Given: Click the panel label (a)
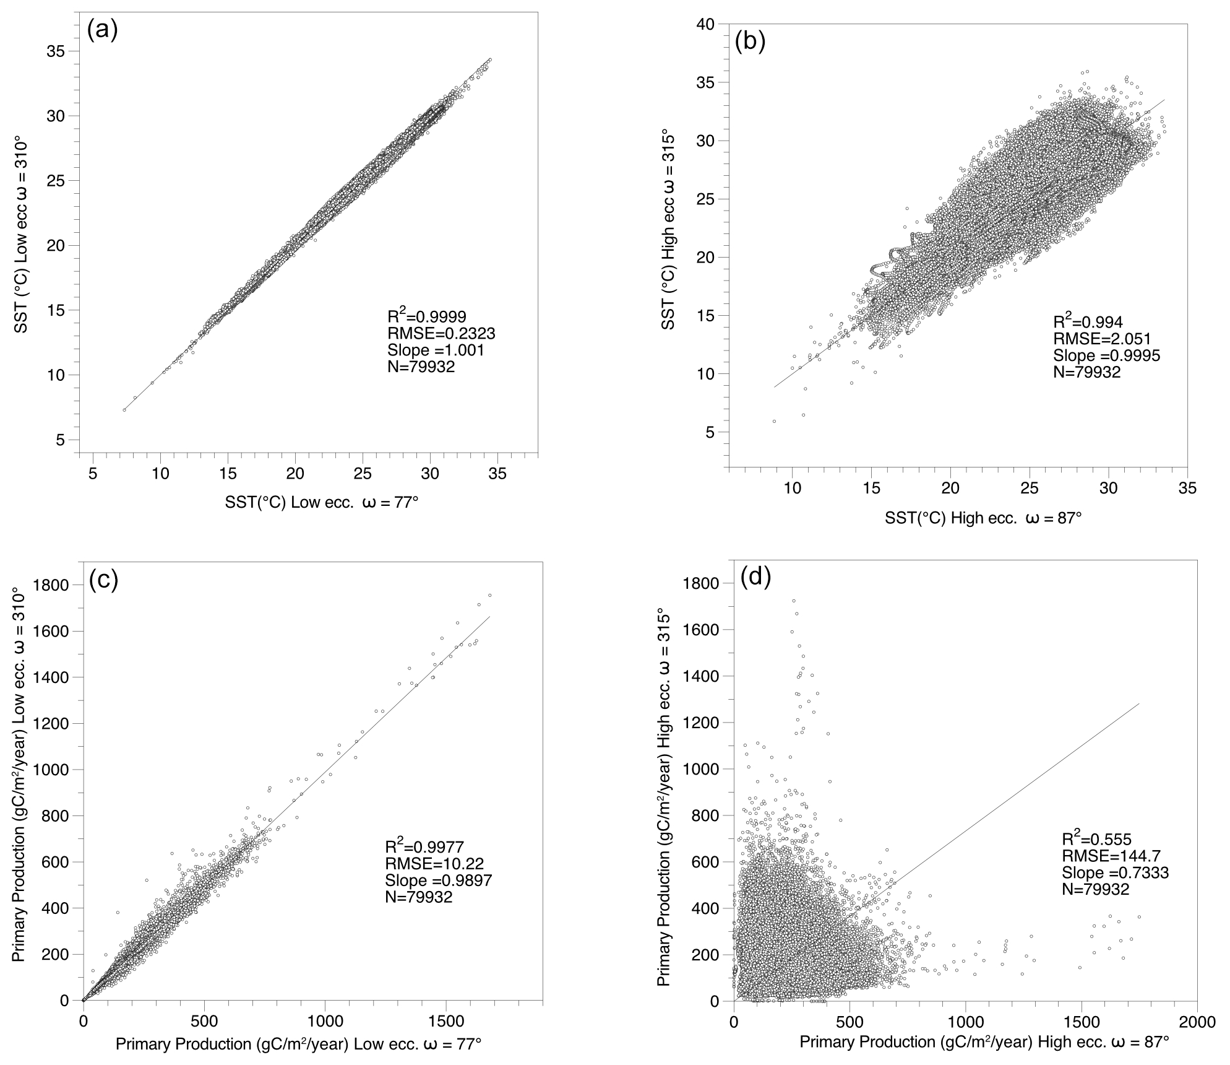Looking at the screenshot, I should point(103,30).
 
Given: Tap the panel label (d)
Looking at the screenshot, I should point(756,576).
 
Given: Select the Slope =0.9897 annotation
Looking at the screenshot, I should point(438,880).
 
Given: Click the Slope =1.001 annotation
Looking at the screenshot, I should point(436,350).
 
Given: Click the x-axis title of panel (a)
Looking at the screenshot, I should point(322,502).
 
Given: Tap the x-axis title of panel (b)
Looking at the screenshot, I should point(983,518).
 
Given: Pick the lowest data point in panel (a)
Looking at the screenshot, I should point(124,410).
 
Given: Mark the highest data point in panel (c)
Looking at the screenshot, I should point(489,595).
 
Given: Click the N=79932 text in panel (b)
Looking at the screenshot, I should point(1086,373).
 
